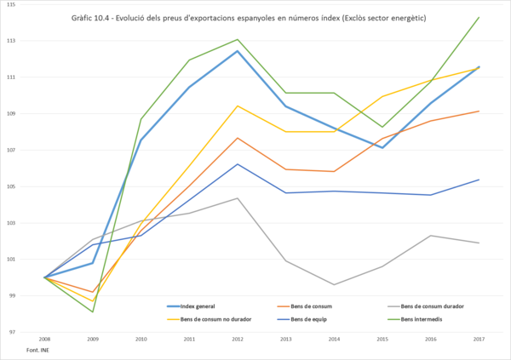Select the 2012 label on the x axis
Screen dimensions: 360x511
237,340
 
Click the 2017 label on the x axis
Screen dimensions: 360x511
479,340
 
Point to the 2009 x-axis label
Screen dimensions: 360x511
92,340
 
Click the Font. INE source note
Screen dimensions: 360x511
37,351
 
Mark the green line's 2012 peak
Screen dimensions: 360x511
237,39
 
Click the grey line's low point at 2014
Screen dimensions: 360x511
334,284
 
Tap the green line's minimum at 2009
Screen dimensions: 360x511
92,311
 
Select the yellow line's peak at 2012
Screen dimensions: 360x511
237,106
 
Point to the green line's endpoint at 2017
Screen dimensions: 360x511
479,17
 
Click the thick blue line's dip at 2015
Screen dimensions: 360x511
382,148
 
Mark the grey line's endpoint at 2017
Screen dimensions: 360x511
479,243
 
